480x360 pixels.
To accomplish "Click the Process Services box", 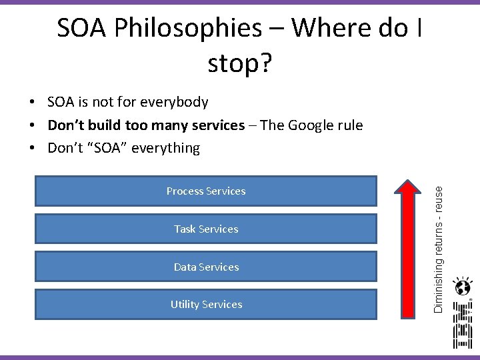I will pos(206,191).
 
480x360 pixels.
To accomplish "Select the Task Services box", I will pos(206,229).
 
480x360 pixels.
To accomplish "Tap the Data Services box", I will pos(206,267).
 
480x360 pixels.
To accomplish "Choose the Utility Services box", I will pos(206,305).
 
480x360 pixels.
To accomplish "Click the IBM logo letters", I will pos(462,325).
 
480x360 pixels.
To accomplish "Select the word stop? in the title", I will pos(239,63).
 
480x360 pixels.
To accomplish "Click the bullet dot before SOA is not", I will pos(32,103).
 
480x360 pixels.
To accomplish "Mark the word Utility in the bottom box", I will pos(183,305).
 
